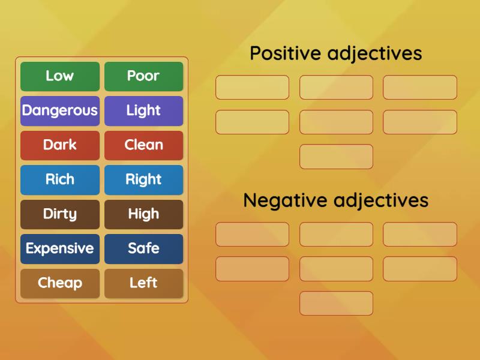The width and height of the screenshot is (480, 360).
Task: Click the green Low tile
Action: (x=60, y=76)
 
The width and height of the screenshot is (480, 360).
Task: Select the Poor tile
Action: (x=143, y=76)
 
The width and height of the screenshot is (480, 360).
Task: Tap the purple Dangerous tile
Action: (x=60, y=110)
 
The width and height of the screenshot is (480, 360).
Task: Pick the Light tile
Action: (x=143, y=110)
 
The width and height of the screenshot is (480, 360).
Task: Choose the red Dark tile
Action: (x=60, y=145)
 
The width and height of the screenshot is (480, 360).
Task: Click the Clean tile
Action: (x=143, y=145)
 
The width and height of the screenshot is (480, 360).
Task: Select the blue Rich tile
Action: (x=60, y=179)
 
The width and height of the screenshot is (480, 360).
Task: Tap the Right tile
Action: (x=143, y=179)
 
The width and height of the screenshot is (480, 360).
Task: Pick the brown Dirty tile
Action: (x=60, y=214)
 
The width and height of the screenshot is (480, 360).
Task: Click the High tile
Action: (x=143, y=214)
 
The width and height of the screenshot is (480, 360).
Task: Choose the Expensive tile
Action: (x=60, y=248)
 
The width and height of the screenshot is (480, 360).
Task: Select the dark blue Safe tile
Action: (x=143, y=248)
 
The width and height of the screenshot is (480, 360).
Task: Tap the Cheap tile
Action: (x=60, y=283)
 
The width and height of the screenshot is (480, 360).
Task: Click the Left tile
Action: (x=143, y=283)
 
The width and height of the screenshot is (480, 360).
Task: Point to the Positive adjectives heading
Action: (x=336, y=53)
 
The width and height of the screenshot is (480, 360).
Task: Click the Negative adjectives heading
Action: (x=336, y=200)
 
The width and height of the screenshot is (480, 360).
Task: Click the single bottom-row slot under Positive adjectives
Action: (x=336, y=157)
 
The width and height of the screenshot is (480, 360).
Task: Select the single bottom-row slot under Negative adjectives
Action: (x=336, y=303)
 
